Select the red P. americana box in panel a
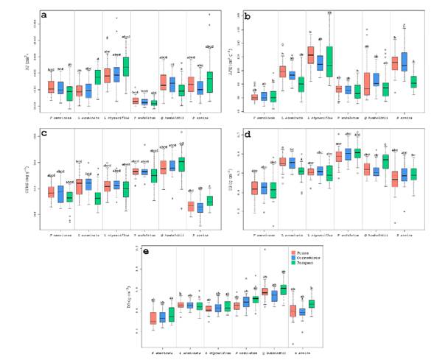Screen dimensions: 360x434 51,86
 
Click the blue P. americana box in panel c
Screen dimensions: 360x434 60,194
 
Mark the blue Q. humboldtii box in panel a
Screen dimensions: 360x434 172,84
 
